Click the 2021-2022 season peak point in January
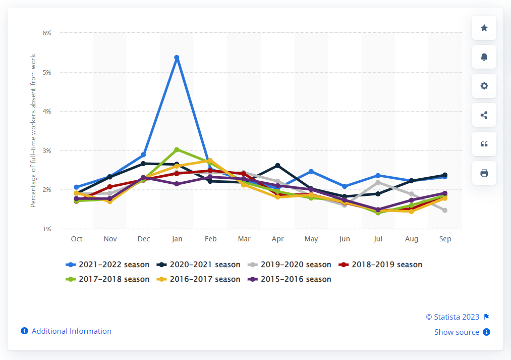coord(177,58)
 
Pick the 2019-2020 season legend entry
coord(290,265)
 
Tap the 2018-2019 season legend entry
coord(380,265)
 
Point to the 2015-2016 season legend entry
coord(290,279)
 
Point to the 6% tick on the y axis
coord(47,33)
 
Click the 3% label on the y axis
coord(47,151)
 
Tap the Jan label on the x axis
coord(177,239)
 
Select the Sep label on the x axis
coord(445,239)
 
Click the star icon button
coord(484,28)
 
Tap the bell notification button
coord(484,57)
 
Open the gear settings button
coord(484,86)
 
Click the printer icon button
coord(484,173)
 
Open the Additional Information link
coord(71,331)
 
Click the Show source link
coord(457,332)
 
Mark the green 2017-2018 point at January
coord(177,149)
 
